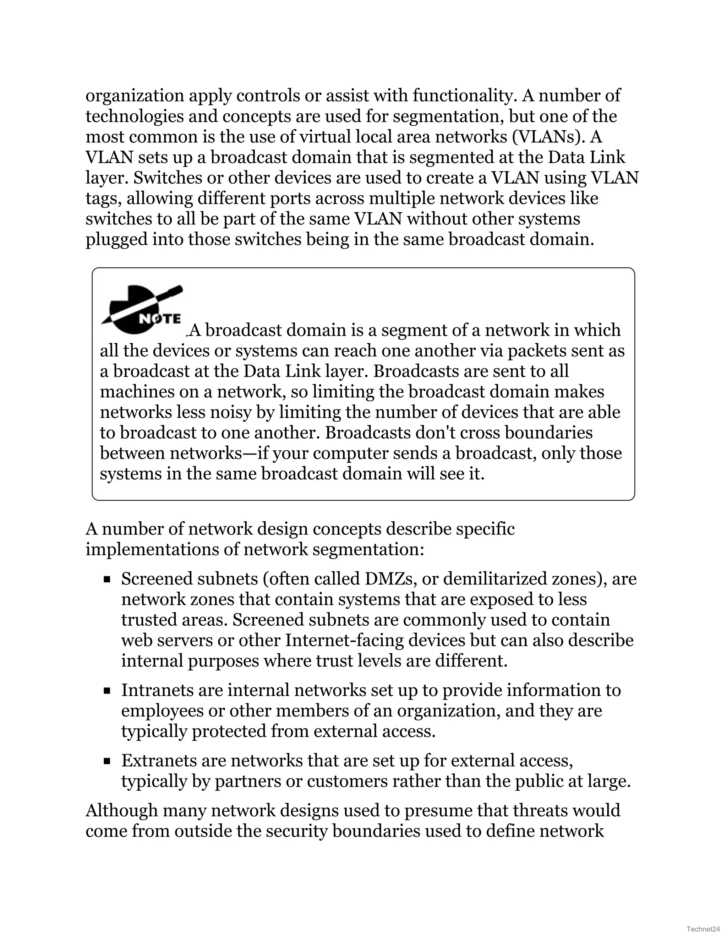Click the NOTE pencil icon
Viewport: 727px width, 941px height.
[x=142, y=310]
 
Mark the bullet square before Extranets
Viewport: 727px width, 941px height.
[x=107, y=762]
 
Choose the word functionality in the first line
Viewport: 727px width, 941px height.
[x=464, y=96]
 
